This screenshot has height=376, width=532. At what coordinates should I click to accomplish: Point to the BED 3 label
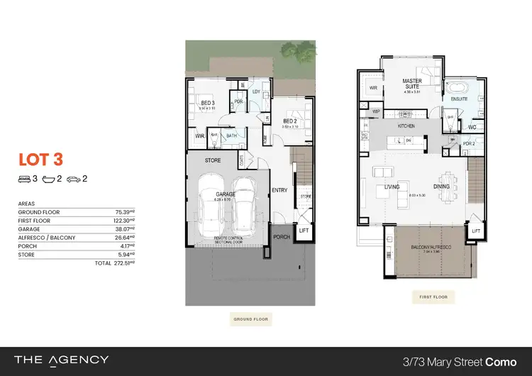[209, 104]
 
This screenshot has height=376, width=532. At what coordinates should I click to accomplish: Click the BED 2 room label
[289, 121]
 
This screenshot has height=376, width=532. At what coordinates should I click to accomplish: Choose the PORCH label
[282, 238]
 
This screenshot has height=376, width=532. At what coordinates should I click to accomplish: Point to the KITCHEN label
[406, 126]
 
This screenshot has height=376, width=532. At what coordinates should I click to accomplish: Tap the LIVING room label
[392, 187]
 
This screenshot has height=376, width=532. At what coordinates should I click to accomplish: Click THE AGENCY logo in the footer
[62, 361]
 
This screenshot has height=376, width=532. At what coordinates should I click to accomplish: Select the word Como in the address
[501, 361]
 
